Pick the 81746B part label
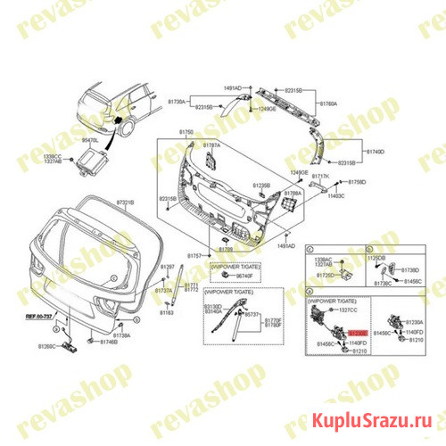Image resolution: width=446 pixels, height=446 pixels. pyautogui.click(x=109, y=343)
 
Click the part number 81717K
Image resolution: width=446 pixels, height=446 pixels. pyautogui.click(x=320, y=178)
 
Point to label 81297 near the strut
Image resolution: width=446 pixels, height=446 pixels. pyautogui.click(x=167, y=267)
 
